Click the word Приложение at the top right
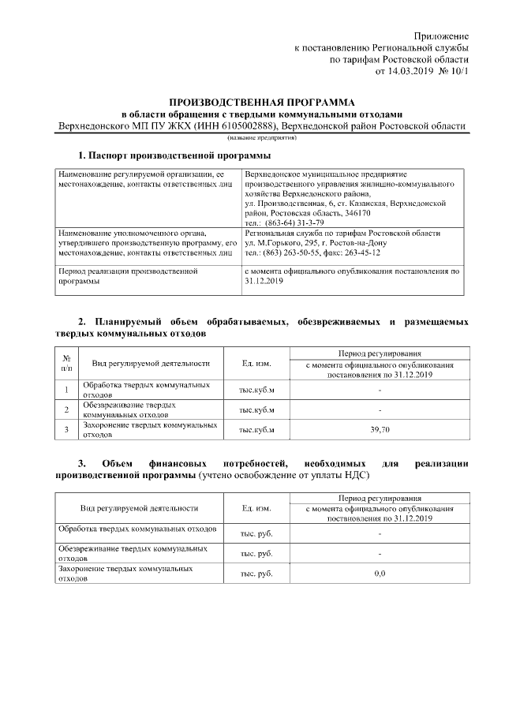[x=443, y=36]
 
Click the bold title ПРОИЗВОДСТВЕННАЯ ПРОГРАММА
[x=262, y=103]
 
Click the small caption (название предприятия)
[x=263, y=137]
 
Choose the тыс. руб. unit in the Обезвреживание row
[x=256, y=553]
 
